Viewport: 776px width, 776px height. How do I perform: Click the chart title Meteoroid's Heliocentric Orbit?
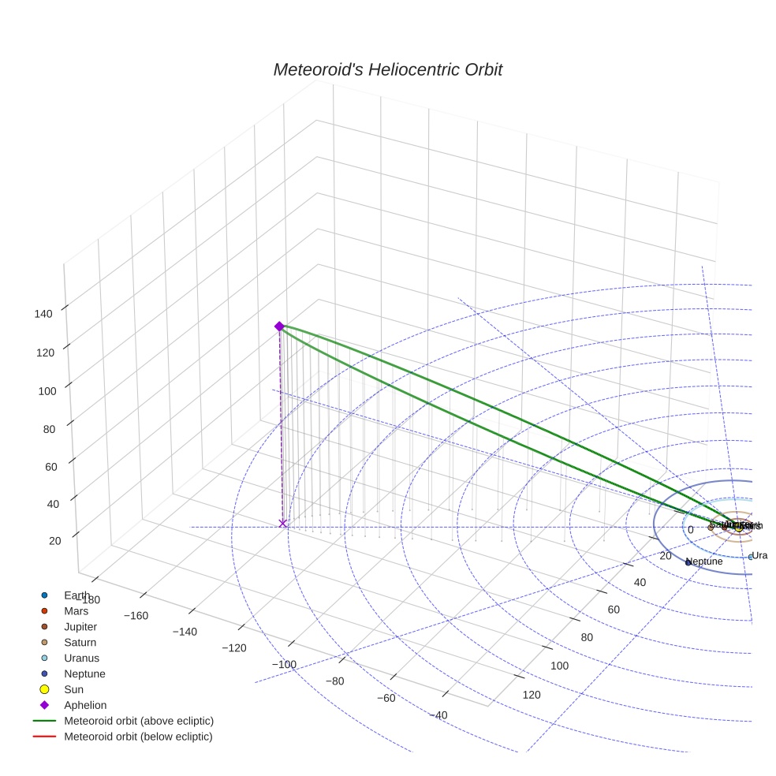(387, 70)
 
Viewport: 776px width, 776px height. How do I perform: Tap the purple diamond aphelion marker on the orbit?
(279, 326)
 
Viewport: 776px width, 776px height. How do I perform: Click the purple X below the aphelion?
(283, 524)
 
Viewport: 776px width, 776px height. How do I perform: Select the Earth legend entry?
(77, 595)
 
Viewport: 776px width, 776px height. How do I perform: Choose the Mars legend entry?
(76, 611)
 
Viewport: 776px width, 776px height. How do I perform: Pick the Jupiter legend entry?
(80, 627)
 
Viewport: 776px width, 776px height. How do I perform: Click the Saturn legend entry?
(80, 643)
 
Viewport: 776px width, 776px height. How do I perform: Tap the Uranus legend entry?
(81, 658)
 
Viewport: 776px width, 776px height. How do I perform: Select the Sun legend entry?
(73, 690)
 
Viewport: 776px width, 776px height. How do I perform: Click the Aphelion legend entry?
(85, 706)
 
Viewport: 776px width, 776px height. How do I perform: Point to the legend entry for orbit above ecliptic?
(139, 721)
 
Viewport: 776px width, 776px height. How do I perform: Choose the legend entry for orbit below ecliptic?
(138, 737)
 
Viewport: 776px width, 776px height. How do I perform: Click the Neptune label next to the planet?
(704, 561)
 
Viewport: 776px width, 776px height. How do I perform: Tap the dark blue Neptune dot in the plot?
(688, 562)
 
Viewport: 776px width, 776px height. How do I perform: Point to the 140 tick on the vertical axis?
(44, 313)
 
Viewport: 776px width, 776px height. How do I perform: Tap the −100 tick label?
(284, 664)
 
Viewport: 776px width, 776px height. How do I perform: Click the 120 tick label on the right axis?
(532, 695)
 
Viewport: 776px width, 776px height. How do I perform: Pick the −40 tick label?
(439, 715)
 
